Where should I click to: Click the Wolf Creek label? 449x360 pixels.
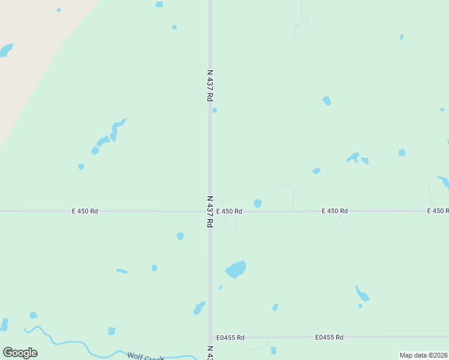145,356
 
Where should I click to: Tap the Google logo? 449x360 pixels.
20,353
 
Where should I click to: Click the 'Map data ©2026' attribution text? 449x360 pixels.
423,355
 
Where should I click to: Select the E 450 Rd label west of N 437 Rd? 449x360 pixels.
85,211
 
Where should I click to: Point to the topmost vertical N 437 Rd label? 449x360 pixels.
210,85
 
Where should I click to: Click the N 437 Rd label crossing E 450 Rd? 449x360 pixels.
210,211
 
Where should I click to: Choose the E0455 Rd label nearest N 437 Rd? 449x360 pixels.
231,338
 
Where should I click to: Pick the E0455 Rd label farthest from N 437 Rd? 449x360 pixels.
329,338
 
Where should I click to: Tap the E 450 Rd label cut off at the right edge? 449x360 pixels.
438,211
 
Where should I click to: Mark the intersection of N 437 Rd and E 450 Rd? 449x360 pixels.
210,211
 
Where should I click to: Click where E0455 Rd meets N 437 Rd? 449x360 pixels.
210,337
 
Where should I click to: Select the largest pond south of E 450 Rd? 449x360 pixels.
236,269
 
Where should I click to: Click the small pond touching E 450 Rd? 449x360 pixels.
258,203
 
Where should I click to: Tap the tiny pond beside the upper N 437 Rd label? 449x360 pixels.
214,110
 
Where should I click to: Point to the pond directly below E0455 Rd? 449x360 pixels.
273,350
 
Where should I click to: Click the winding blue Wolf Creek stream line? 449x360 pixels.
72,343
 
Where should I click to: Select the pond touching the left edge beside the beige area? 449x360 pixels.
5,50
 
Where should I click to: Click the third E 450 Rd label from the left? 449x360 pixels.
334,211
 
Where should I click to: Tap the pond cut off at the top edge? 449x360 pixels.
159,4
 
